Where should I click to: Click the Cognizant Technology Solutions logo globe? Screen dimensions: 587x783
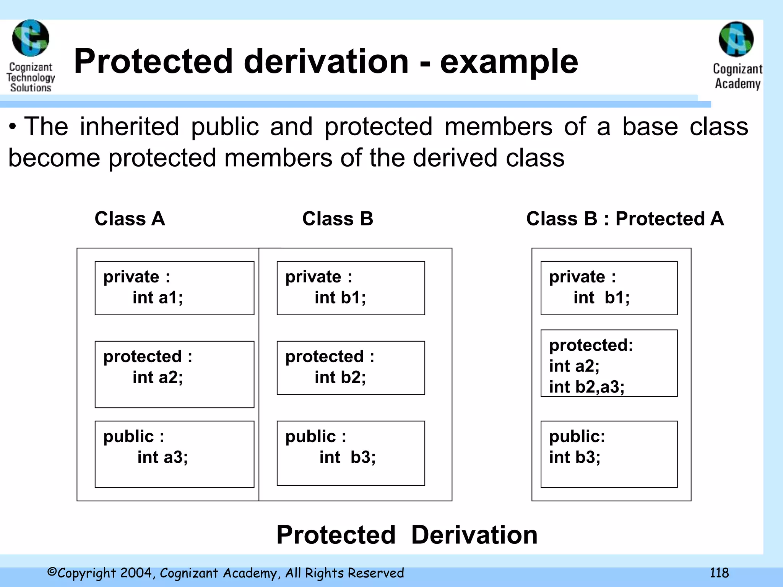click(31, 38)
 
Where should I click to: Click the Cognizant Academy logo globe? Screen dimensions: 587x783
click(736, 39)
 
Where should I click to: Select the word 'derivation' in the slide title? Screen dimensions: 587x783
click(326, 62)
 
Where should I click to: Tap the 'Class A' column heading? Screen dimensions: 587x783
click(130, 219)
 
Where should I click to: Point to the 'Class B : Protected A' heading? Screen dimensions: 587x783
click(625, 219)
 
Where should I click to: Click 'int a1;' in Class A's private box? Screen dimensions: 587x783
click(158, 298)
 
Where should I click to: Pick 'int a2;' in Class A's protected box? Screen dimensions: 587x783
click(158, 378)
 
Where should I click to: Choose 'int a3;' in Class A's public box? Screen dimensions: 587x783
click(162, 457)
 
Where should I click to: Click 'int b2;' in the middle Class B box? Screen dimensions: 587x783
click(340, 378)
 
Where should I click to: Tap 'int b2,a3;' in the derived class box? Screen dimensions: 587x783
click(586, 387)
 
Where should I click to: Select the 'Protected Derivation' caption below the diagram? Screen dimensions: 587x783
click(407, 535)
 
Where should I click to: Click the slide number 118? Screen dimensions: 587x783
click(719, 573)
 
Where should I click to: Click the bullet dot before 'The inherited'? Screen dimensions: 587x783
click(13, 127)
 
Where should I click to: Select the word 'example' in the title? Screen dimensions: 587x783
click(509, 62)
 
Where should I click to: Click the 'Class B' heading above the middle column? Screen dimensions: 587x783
click(338, 219)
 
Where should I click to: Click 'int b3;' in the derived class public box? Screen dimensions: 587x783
click(575, 457)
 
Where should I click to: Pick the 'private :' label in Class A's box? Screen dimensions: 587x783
click(136, 277)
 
